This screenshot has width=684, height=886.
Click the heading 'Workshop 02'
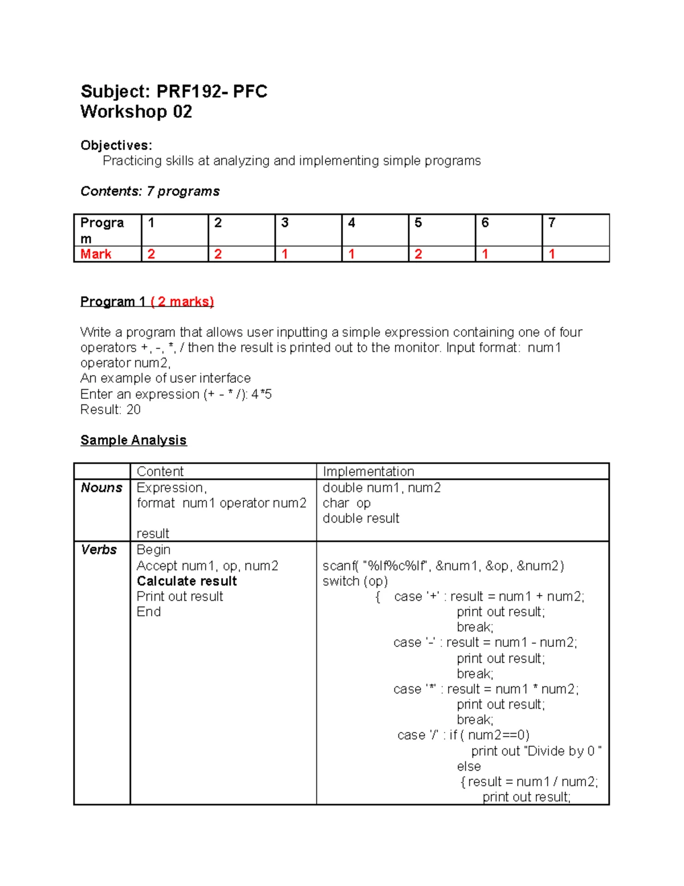click(x=136, y=112)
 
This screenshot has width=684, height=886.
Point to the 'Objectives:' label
click(x=116, y=145)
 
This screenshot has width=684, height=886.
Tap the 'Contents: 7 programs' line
click(x=150, y=191)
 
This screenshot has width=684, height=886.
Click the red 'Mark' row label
click(x=96, y=254)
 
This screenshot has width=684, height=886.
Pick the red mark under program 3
click(x=285, y=254)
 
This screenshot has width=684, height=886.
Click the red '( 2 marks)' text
click(x=182, y=302)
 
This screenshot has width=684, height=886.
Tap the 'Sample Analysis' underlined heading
click(x=133, y=440)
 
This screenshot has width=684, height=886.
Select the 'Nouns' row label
click(x=101, y=488)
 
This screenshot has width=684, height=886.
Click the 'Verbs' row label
click(x=99, y=550)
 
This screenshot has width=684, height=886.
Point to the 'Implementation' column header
click(x=368, y=471)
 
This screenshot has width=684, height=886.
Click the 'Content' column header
click(x=160, y=471)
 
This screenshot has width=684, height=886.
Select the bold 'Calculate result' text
click(x=186, y=581)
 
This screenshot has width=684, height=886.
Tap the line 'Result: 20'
click(x=111, y=410)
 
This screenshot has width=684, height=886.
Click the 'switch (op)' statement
click(x=355, y=581)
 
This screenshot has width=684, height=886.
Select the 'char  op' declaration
click(x=347, y=503)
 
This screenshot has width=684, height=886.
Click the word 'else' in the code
click(x=469, y=766)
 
